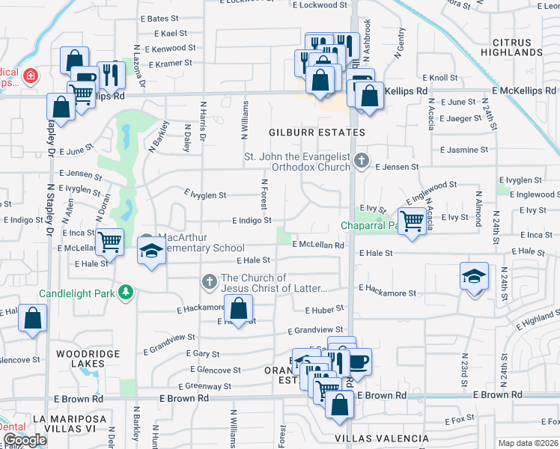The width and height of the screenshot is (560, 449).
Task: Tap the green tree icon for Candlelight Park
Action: click(x=127, y=291)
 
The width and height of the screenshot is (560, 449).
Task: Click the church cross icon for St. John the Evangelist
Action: click(x=362, y=159)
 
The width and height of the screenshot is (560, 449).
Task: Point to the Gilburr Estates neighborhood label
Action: click(x=317, y=132)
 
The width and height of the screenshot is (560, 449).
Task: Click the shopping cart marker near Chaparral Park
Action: click(x=412, y=220)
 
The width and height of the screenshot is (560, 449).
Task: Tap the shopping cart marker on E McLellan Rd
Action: click(x=110, y=241)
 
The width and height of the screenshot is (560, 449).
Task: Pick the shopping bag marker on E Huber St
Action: click(x=238, y=308)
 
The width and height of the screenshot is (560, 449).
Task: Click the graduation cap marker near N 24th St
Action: click(x=474, y=277)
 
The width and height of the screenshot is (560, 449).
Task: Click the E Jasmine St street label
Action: click(x=463, y=150)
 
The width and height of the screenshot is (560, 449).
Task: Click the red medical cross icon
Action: click(x=30, y=76)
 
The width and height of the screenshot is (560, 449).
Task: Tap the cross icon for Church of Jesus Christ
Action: click(x=210, y=282)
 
